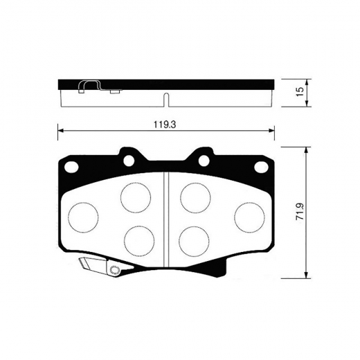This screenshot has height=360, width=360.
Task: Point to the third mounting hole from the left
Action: tap(204, 161)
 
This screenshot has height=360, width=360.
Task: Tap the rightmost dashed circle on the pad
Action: tap(248, 215)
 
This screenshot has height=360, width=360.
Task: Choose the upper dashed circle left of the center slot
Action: tap(135, 197)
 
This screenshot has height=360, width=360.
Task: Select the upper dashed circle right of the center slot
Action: tap(195, 197)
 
